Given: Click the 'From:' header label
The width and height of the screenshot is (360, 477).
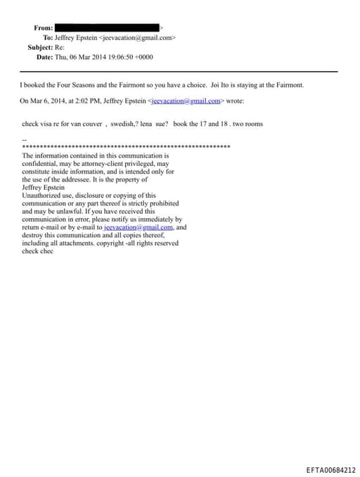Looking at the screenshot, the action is point(43,27).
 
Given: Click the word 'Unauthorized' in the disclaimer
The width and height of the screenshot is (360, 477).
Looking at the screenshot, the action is point(44,195).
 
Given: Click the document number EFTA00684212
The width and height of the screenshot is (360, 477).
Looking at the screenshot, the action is point(331,469).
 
